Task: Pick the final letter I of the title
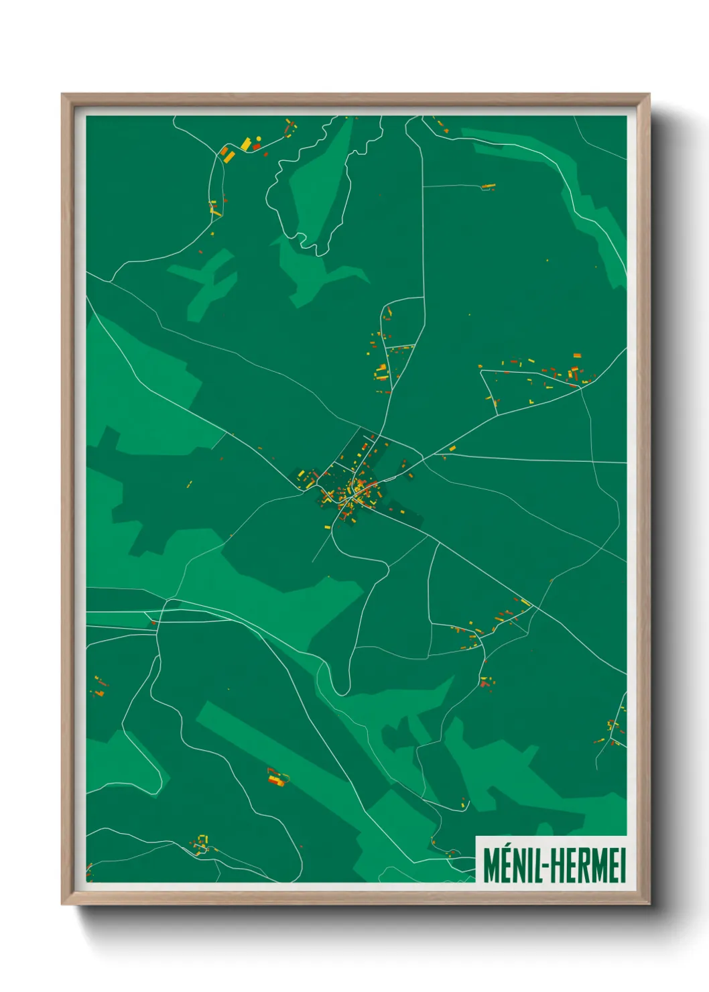(622, 866)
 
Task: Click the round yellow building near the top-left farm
(259, 139)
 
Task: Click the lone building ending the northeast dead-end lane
(488, 186)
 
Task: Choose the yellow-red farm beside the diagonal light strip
(277, 778)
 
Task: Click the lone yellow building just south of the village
(327, 528)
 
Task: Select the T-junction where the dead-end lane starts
(424, 186)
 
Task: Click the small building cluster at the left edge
(99, 686)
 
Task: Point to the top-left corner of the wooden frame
(62, 95)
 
